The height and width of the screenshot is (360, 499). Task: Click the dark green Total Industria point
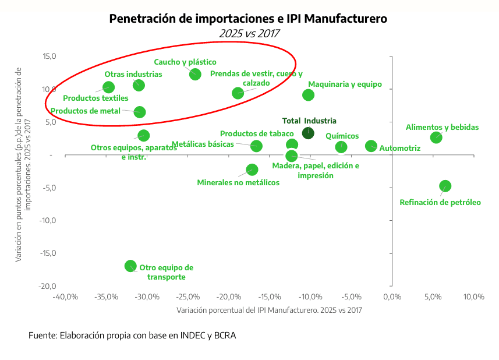click(308, 133)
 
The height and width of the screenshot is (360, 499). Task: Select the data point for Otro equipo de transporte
click(131, 266)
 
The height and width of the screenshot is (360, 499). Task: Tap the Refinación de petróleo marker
click(445, 186)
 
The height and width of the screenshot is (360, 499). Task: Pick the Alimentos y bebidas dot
click(436, 137)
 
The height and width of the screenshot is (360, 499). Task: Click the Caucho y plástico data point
click(195, 74)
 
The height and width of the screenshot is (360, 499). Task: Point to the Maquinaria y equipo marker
click(309, 95)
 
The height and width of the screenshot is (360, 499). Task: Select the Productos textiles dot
click(108, 87)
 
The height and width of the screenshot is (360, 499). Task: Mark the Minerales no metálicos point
click(252, 170)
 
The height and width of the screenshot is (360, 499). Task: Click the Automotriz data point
click(371, 146)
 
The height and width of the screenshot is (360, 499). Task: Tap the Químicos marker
click(341, 147)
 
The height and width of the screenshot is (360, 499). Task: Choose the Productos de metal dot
click(140, 112)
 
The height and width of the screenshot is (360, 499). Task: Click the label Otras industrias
click(133, 74)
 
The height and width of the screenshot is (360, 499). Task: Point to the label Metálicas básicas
click(203, 144)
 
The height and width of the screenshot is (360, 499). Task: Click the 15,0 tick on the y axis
click(49, 57)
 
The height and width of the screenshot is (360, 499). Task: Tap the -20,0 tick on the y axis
click(48, 286)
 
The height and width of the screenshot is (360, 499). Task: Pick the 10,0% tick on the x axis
click(473, 297)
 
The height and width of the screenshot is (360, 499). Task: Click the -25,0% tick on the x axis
click(187, 297)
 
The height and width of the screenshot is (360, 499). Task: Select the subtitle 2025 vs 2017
click(249, 33)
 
